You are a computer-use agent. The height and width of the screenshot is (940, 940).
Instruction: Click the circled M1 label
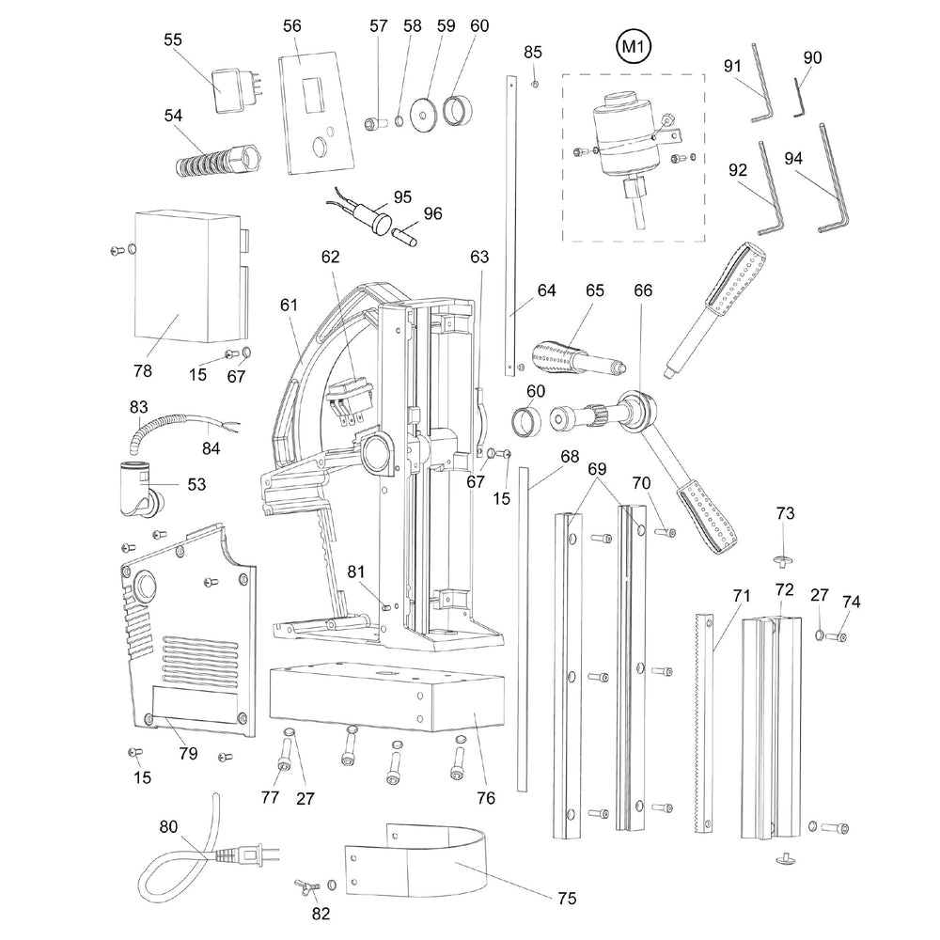click(x=632, y=45)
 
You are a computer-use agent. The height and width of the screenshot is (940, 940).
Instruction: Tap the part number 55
click(x=173, y=39)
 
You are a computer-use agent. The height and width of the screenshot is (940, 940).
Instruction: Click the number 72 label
click(x=785, y=590)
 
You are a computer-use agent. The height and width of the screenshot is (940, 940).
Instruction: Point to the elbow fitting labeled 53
click(x=135, y=487)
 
